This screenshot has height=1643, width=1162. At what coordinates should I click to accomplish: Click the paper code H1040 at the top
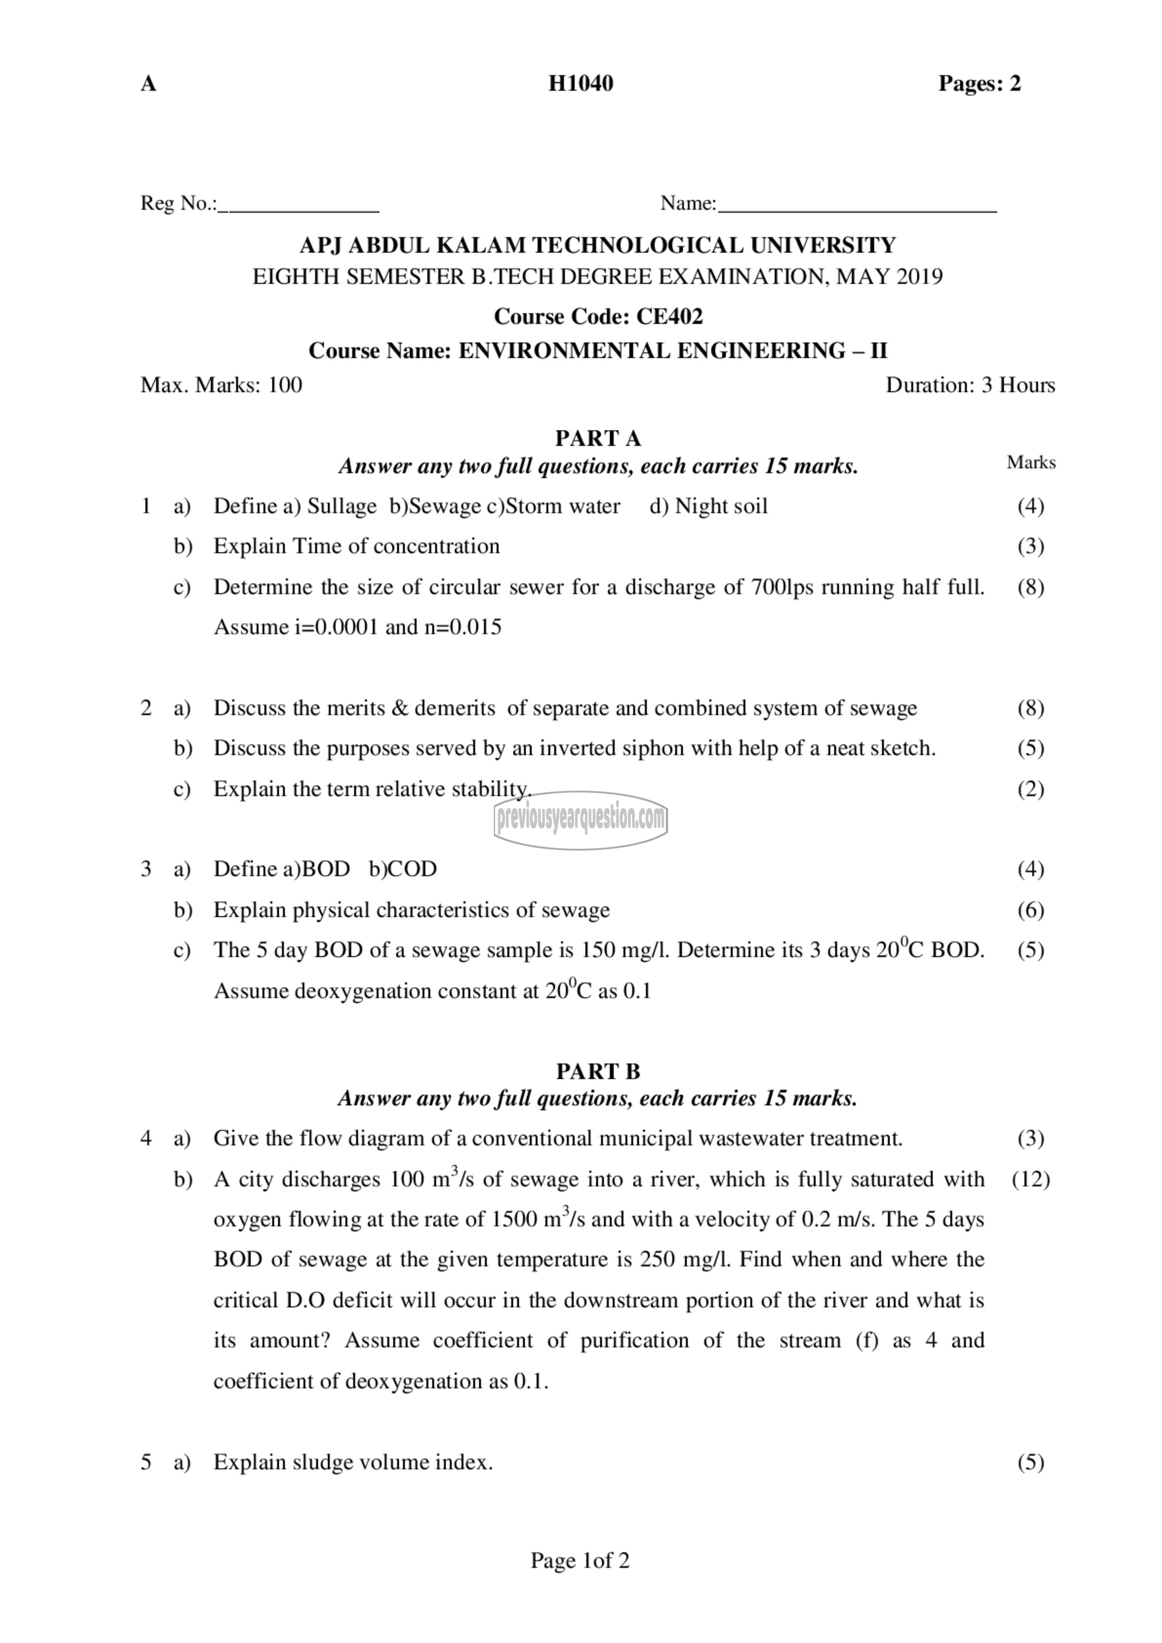(580, 84)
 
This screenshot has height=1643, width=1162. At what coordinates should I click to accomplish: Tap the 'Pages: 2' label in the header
(979, 84)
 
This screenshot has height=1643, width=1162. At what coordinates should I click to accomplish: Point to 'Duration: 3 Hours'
(970, 385)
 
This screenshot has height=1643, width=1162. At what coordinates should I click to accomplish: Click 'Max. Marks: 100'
(221, 385)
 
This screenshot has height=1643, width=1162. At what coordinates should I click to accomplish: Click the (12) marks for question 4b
(1030, 1179)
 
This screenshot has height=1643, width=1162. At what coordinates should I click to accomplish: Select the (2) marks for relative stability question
(1030, 790)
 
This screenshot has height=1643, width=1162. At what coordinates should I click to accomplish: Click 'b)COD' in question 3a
(403, 869)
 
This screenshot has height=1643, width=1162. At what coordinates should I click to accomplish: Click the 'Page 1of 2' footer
(580, 1561)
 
